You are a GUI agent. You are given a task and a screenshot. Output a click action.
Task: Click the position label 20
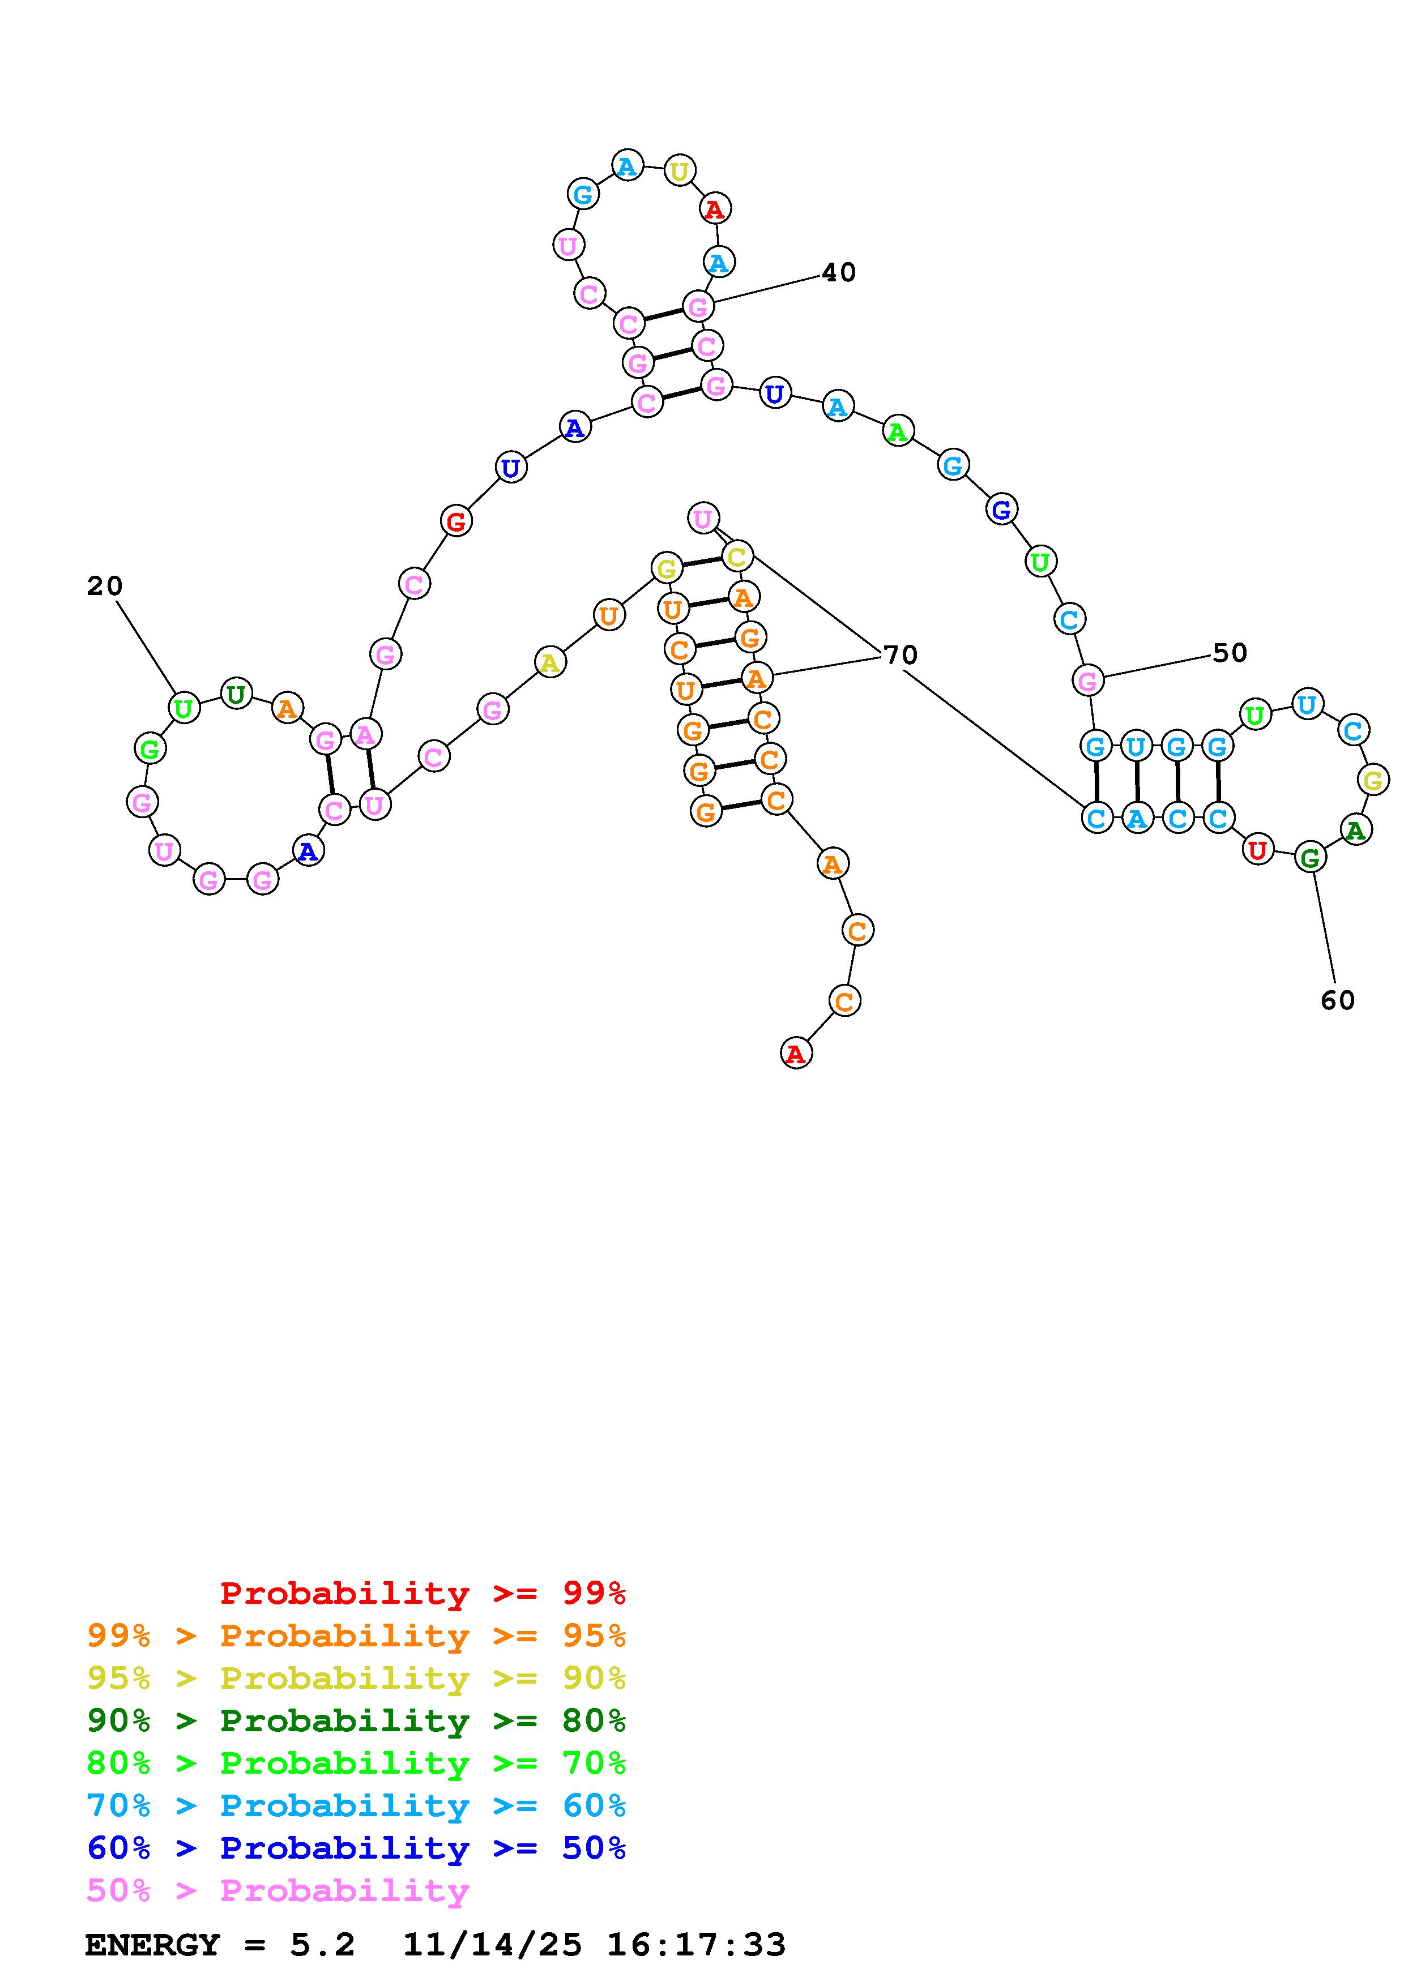[x=105, y=587]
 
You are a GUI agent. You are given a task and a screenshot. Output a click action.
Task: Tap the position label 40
[x=838, y=272]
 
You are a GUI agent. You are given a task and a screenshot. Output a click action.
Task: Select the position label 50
[x=1229, y=653]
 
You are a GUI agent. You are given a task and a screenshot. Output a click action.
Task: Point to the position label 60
[x=1337, y=1001]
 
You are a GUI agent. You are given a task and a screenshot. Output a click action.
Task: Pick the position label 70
[x=901, y=656]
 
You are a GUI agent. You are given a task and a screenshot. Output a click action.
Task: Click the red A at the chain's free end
[x=796, y=1054]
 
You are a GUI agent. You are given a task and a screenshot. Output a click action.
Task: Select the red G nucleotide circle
[x=456, y=521]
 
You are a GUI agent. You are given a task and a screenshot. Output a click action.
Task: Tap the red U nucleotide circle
[x=1258, y=850]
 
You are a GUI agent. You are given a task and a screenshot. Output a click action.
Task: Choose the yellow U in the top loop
[x=680, y=172]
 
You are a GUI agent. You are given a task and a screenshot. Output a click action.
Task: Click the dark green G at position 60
[x=1311, y=858]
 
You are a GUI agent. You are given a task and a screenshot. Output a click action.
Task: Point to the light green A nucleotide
[x=899, y=431]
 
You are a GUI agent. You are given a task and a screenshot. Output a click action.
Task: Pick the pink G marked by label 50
[x=1088, y=680]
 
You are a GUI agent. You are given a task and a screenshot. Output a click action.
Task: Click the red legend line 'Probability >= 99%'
[x=423, y=1593]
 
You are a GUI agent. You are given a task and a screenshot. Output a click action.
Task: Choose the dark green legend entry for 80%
[x=356, y=1720]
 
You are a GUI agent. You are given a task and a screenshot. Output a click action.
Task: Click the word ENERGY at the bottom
[x=152, y=1945]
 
